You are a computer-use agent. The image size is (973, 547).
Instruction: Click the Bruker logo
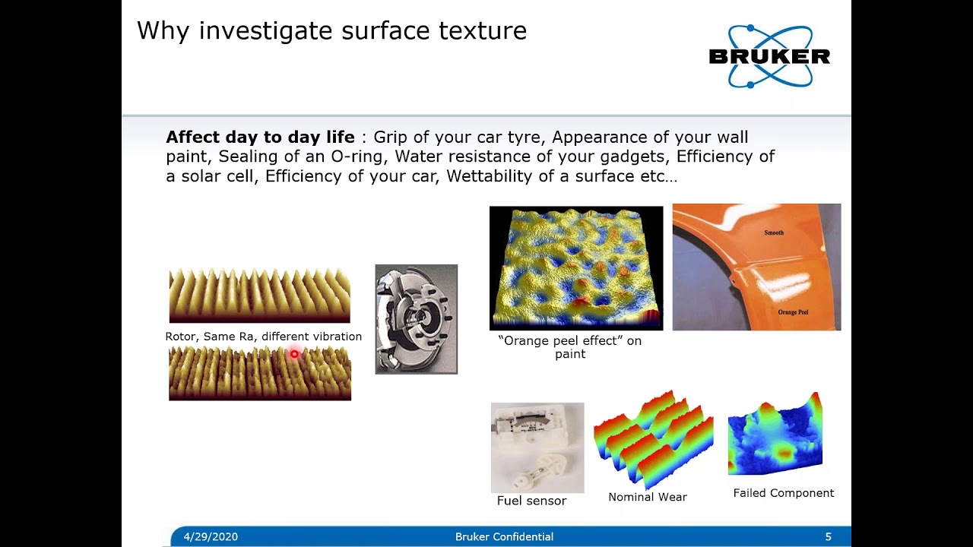click(x=769, y=56)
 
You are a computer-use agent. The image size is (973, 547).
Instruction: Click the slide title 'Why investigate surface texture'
click(x=331, y=31)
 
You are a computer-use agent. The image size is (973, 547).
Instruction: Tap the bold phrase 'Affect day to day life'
click(x=260, y=138)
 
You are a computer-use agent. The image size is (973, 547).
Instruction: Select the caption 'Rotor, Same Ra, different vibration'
click(x=263, y=337)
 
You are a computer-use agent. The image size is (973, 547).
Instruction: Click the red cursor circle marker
click(x=294, y=354)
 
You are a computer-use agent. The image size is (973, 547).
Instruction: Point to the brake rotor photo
click(x=416, y=319)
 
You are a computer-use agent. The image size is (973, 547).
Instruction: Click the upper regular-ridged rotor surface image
click(x=259, y=296)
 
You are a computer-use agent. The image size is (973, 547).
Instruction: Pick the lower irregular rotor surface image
click(x=259, y=373)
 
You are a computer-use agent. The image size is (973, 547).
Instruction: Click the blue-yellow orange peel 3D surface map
click(x=575, y=268)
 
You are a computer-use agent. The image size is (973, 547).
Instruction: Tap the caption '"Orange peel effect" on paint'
click(x=569, y=347)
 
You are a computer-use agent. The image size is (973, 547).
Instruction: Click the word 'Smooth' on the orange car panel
click(x=773, y=232)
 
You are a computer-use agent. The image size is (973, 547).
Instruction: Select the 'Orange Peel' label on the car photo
click(x=793, y=312)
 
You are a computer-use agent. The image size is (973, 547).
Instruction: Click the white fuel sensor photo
click(x=537, y=447)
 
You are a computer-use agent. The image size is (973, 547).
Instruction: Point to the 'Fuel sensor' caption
click(x=531, y=501)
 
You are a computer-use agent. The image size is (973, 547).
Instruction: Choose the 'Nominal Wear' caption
click(x=647, y=497)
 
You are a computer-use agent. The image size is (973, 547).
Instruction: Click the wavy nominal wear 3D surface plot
click(x=653, y=439)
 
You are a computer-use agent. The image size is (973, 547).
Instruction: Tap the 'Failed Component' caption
click(x=783, y=493)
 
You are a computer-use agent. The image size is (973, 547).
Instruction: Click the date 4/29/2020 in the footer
click(x=211, y=536)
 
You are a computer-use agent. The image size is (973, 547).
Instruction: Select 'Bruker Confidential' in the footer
click(x=504, y=536)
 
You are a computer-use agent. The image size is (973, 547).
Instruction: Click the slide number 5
click(x=828, y=536)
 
